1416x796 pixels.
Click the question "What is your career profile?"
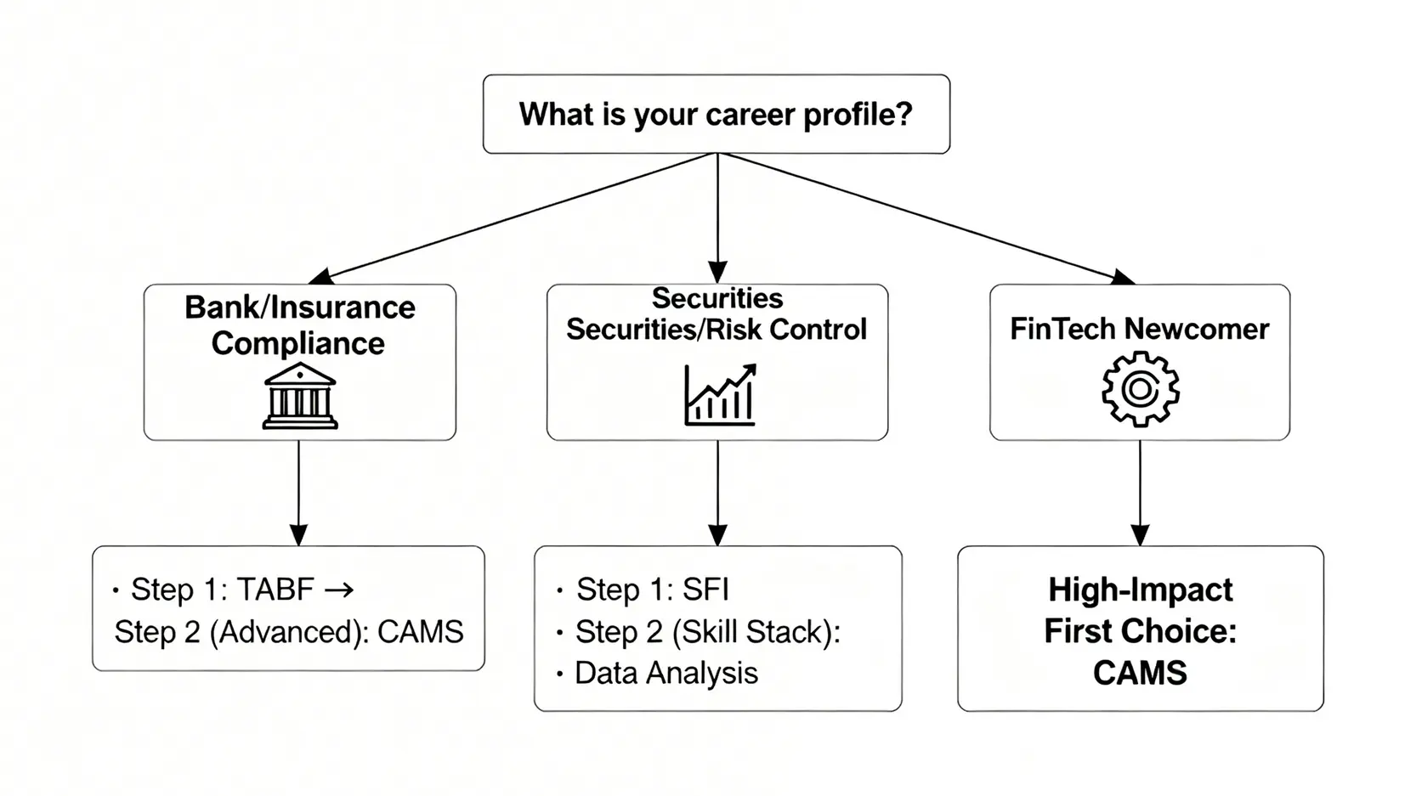(716, 115)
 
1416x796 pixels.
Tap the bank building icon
(299, 396)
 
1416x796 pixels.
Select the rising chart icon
(720, 395)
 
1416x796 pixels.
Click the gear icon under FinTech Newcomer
(1140, 389)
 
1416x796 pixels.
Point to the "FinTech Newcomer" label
(1139, 329)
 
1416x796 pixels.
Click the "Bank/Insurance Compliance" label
(299, 325)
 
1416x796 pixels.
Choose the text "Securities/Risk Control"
(716, 330)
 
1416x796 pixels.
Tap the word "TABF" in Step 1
(275, 590)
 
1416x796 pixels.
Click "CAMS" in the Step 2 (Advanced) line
(421, 632)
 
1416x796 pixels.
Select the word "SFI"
(705, 590)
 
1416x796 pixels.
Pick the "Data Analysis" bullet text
(666, 673)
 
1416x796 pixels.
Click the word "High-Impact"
(1140, 590)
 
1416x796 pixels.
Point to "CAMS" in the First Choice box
(1140, 673)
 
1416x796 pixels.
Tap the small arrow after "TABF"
(339, 590)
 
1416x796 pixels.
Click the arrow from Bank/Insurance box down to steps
(298, 493)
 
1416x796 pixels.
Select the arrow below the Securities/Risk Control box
(717, 493)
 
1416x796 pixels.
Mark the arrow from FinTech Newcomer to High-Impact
(1140, 493)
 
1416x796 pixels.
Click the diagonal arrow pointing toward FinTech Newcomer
(926, 217)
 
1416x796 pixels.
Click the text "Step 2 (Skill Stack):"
(707, 632)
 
